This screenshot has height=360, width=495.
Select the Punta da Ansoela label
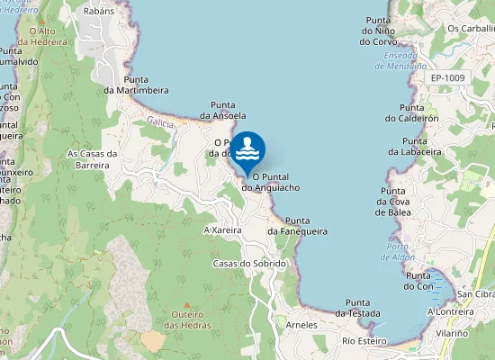223,111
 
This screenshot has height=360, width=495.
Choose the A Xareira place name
223,230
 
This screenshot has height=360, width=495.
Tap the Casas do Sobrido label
249,264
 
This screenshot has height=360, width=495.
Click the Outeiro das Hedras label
186,319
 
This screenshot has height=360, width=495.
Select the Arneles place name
301,324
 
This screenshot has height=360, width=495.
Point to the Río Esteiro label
364,341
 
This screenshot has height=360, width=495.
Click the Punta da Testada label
358,308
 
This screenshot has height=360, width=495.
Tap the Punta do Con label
418,281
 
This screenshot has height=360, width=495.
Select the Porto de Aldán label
398,251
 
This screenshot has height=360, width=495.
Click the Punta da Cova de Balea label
393,202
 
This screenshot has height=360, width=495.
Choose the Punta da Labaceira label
415,147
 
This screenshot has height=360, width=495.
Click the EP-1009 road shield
447,78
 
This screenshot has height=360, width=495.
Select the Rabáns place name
98,12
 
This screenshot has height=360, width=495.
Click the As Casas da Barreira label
94,159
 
